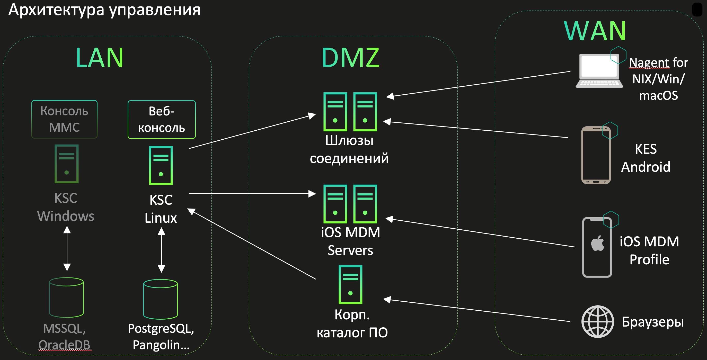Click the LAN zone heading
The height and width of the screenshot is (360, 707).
pos(99,58)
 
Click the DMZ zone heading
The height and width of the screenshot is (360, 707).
pos(350,58)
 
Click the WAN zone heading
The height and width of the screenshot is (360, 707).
pos(595,31)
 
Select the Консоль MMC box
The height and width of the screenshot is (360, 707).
pos(65,119)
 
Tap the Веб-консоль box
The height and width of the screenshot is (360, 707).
pos(161,119)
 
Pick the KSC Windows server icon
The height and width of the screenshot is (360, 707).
pos(66,164)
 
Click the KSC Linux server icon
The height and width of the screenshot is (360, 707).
pos(161,165)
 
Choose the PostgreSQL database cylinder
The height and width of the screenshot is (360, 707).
pos(161,299)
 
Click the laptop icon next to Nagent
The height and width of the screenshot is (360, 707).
pos(599,71)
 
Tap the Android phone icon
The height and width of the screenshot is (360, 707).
pos(596,155)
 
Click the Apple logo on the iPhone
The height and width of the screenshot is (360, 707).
pos(597,243)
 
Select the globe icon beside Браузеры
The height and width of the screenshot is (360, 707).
pos(597,321)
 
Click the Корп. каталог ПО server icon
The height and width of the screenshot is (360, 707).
pos(350,285)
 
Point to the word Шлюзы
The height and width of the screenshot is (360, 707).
pos(349,140)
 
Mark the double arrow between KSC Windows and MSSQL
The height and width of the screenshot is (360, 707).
pos(67,248)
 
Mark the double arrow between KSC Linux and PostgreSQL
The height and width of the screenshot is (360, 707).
pos(161,250)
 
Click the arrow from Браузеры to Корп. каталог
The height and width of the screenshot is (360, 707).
pos(478,310)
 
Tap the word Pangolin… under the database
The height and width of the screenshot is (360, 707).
pos(161,345)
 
